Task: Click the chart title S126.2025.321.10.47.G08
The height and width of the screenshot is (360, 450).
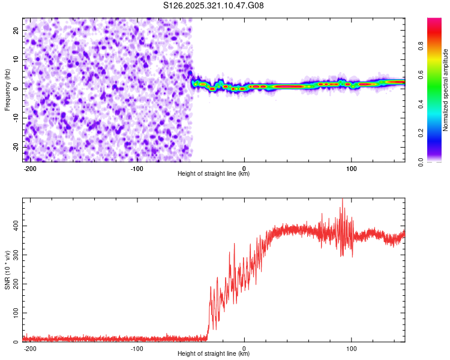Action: [214, 5]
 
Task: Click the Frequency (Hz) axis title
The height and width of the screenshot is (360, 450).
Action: [7, 90]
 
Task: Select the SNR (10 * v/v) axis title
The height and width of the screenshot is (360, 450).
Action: [7, 269]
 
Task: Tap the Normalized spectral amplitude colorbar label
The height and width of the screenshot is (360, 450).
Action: [445, 90]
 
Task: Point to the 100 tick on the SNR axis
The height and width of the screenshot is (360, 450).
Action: [14, 313]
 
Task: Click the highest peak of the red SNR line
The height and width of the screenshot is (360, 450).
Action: [343, 199]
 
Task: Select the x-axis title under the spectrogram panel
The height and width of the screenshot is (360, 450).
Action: [214, 174]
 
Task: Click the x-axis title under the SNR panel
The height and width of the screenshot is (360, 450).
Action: [214, 354]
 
